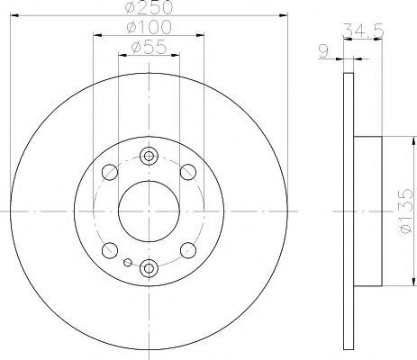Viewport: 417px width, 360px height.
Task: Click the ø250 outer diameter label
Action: click(150, 8)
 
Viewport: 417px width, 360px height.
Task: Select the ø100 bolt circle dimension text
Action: click(150, 29)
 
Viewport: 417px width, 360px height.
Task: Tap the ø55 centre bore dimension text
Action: click(150, 48)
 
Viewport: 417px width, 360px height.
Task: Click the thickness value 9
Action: click(326, 51)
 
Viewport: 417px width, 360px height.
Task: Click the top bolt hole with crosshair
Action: click(150, 157)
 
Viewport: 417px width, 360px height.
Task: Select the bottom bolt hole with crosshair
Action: click(150, 266)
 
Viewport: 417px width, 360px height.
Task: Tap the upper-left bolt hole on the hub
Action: click(110, 171)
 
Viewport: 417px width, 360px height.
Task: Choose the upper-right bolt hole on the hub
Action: click(188, 171)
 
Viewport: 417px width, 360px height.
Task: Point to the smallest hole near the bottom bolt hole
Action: click(129, 263)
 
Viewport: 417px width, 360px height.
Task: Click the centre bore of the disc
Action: click(150, 211)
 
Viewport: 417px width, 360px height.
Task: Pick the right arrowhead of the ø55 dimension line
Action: click(177, 56)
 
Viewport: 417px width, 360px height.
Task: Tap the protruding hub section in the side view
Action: click(371, 211)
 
